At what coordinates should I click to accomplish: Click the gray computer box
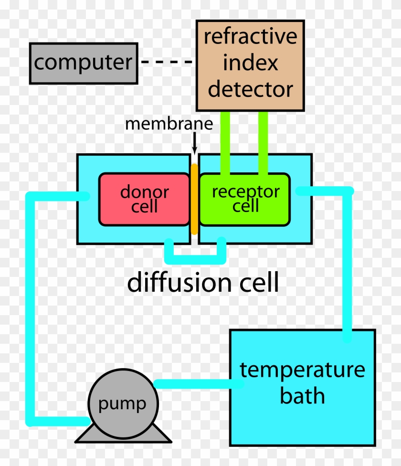[x=83, y=63]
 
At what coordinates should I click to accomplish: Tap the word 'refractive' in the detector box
[x=250, y=37]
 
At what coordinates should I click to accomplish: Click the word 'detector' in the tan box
[x=250, y=89]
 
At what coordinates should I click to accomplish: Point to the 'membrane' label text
[x=169, y=124]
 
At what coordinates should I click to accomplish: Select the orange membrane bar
[x=194, y=199]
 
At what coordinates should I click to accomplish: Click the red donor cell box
[x=144, y=199]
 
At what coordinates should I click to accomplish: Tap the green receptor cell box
[x=244, y=199]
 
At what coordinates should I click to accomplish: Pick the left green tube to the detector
[x=225, y=141]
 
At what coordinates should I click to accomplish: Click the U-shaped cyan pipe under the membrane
[x=194, y=258]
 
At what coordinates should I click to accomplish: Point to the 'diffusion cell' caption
[x=203, y=283]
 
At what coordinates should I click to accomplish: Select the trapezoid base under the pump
[x=122, y=435]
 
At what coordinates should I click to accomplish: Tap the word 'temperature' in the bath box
[x=302, y=370]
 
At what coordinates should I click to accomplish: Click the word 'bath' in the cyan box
[x=302, y=395]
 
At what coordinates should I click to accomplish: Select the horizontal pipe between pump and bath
[x=193, y=383]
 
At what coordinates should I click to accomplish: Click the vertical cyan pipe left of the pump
[x=32, y=306]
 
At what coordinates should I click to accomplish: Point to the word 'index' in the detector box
[x=250, y=63]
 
